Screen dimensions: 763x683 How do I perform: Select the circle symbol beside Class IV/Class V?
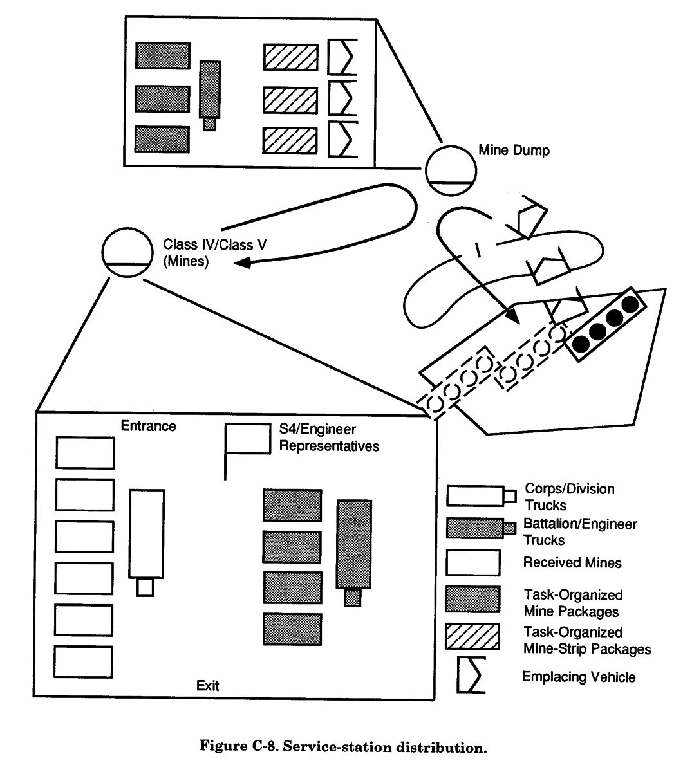(126, 253)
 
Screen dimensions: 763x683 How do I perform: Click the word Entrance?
(148, 426)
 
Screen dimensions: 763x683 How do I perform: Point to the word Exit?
(207, 685)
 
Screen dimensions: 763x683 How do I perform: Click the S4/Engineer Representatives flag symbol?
(247, 439)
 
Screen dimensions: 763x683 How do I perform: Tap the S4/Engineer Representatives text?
(328, 437)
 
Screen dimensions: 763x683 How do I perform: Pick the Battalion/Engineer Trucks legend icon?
(481, 528)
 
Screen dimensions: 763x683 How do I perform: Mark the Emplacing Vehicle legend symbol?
(471, 675)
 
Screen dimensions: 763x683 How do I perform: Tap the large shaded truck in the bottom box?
(353, 547)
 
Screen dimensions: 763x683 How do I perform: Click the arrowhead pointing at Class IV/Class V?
(242, 262)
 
